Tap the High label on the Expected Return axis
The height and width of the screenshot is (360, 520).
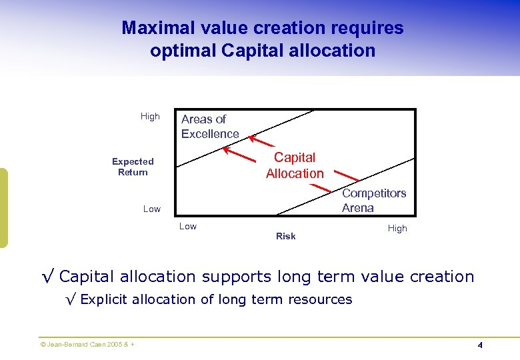pyautogui.click(x=150, y=116)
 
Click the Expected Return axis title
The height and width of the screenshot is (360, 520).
pyautogui.click(x=133, y=167)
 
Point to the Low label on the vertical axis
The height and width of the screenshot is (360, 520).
pyautogui.click(x=152, y=209)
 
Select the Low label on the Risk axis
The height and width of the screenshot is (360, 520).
pyautogui.click(x=188, y=226)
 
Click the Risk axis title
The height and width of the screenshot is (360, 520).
pyautogui.click(x=285, y=236)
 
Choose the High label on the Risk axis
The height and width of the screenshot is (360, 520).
pyautogui.click(x=397, y=228)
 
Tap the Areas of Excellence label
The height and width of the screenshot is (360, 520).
pyautogui.click(x=209, y=127)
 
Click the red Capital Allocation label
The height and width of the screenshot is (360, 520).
pyautogui.click(x=295, y=165)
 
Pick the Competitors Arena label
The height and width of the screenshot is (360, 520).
pyautogui.click(x=373, y=200)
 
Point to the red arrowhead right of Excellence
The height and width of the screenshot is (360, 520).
pyautogui.click(x=252, y=138)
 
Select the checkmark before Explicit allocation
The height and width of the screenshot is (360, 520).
pyautogui.click(x=71, y=299)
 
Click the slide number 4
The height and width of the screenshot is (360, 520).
pyautogui.click(x=479, y=345)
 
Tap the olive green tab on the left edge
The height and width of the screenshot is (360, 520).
pyautogui.click(x=3, y=207)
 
